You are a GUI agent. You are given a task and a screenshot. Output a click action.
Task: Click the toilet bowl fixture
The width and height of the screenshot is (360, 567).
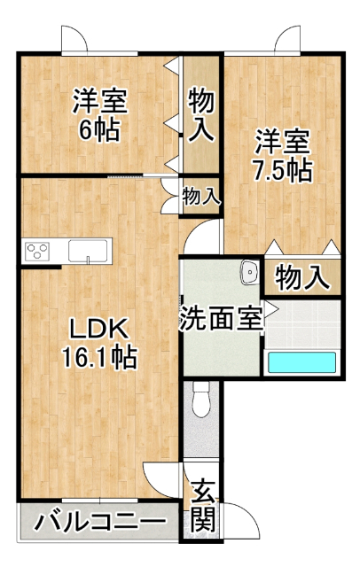coord(201,399)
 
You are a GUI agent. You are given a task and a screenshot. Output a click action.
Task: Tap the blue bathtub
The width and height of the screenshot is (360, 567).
coord(301,362)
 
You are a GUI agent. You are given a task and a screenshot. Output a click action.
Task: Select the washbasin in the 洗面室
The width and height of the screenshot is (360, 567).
coord(250,272)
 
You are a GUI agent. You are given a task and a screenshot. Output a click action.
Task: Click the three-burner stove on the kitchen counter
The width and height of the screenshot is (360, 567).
coord(37,251)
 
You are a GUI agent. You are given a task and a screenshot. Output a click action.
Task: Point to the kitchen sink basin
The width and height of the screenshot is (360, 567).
coord(88,250)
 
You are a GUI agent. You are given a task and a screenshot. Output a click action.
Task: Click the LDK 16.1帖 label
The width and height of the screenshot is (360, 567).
coord(99,343)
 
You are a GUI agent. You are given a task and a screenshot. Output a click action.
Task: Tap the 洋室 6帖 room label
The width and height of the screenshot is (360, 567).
coord(99,115)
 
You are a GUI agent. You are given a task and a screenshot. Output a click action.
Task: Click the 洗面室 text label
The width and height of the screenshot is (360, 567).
coord(221,318)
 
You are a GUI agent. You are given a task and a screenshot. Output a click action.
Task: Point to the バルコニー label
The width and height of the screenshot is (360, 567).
coord(100,521)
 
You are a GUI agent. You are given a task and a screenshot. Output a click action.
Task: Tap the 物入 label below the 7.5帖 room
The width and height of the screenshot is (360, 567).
coord(302,277)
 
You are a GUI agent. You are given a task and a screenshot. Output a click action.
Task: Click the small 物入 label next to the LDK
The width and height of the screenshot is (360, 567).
coord(200,197)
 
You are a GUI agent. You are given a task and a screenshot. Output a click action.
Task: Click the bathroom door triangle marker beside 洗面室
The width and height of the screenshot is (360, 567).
coord(271,309)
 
